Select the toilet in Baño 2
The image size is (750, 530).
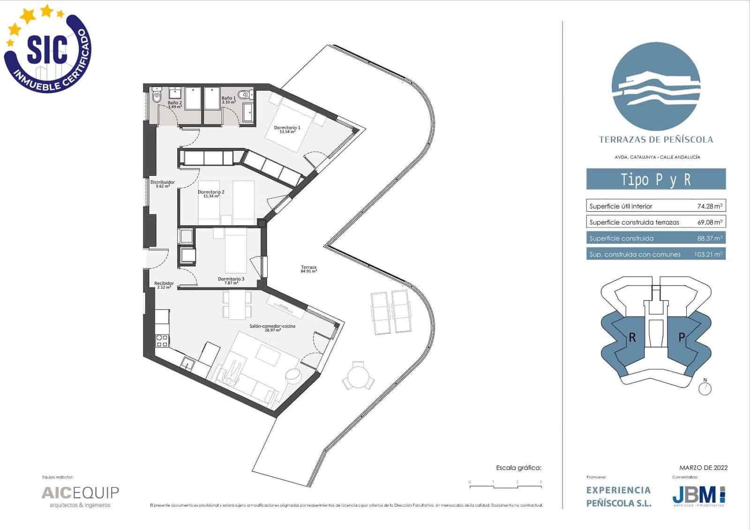(156, 97)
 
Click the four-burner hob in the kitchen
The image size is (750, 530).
(162, 341)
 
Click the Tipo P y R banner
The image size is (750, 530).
(656, 179)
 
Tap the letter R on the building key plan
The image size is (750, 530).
(632, 337)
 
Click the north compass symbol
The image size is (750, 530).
(705, 388)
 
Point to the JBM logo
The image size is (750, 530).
(699, 495)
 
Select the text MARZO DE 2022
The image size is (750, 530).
(703, 467)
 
